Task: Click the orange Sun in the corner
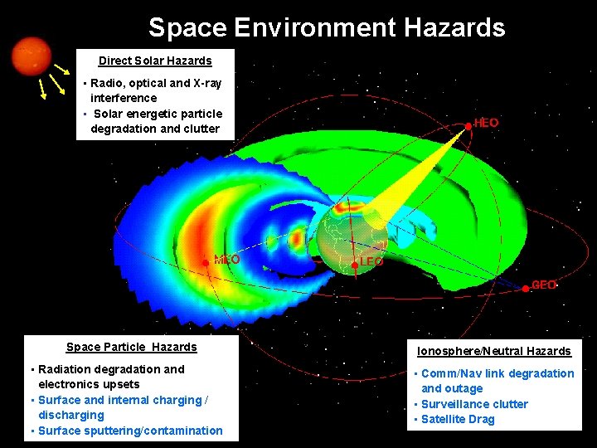[32, 56]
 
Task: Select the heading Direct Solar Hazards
[155, 61]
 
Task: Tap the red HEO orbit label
[487, 123]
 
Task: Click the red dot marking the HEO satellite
[468, 125]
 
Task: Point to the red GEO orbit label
[544, 285]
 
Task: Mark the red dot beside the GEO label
[526, 288]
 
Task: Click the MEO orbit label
[227, 260]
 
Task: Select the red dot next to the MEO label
[206, 262]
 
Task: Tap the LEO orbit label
[371, 261]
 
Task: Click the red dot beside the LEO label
[355, 264]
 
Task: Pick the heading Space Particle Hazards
[131, 347]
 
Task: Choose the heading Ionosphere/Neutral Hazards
[493, 351]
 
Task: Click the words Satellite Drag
[458, 419]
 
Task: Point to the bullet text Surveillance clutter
[474, 404]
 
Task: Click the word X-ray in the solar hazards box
[207, 83]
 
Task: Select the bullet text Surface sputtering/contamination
[130, 431]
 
